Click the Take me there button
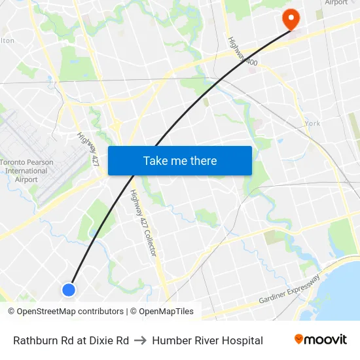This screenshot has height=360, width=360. [180, 160]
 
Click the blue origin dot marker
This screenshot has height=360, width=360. [68, 289]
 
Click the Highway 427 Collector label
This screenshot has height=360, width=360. [143, 223]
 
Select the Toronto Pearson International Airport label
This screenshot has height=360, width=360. [26, 170]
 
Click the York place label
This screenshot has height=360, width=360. [312, 124]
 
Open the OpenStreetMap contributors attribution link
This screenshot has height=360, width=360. [71, 312]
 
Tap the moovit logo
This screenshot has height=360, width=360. [321, 340]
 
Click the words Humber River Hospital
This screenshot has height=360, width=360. [207, 340]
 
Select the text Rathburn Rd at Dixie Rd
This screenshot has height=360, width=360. [71, 340]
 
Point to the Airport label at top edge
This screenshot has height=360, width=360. [336, 3]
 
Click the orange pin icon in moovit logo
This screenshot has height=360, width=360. [299, 339]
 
